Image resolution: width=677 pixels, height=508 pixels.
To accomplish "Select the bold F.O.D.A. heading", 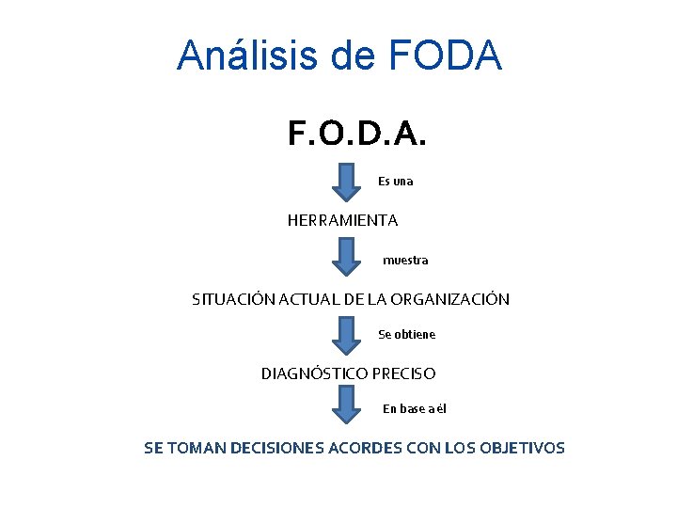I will coord(357,135).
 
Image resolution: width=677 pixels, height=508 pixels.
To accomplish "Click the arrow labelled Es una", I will coord(347,182).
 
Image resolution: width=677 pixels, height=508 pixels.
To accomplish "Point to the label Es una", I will coord(395,181).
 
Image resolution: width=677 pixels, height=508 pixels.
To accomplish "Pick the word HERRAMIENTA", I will coord(342,220).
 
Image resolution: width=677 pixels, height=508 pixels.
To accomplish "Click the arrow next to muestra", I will coord(347,256).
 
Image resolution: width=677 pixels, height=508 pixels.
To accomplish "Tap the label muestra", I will coord(405,260).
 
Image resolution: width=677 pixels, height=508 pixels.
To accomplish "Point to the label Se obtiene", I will coord(406,334).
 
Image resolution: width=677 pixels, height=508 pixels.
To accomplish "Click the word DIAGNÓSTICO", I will coord(314,373).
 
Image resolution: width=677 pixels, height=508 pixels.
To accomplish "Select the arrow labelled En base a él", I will coord(347,405).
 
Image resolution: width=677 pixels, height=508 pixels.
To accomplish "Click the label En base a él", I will coord(414,408).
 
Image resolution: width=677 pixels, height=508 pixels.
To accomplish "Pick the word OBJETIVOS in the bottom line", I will coord(522,448).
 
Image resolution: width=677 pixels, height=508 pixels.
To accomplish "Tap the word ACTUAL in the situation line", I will coord(305,299).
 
